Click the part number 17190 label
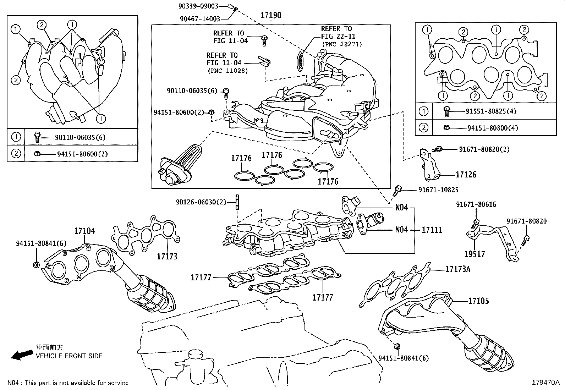coord(271,15)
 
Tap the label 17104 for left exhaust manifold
coord(84,231)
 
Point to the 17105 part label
coord(478,301)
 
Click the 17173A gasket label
coord(458,269)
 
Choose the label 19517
coord(475,254)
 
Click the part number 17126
coord(466,175)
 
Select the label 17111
coord(432,230)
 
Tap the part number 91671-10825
coord(438,190)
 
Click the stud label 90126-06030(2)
coord(201,202)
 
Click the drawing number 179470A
coord(545,383)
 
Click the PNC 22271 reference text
coord(341,44)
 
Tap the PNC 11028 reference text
coord(227,71)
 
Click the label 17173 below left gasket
coord(167,256)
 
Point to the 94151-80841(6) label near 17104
coord(41,243)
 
